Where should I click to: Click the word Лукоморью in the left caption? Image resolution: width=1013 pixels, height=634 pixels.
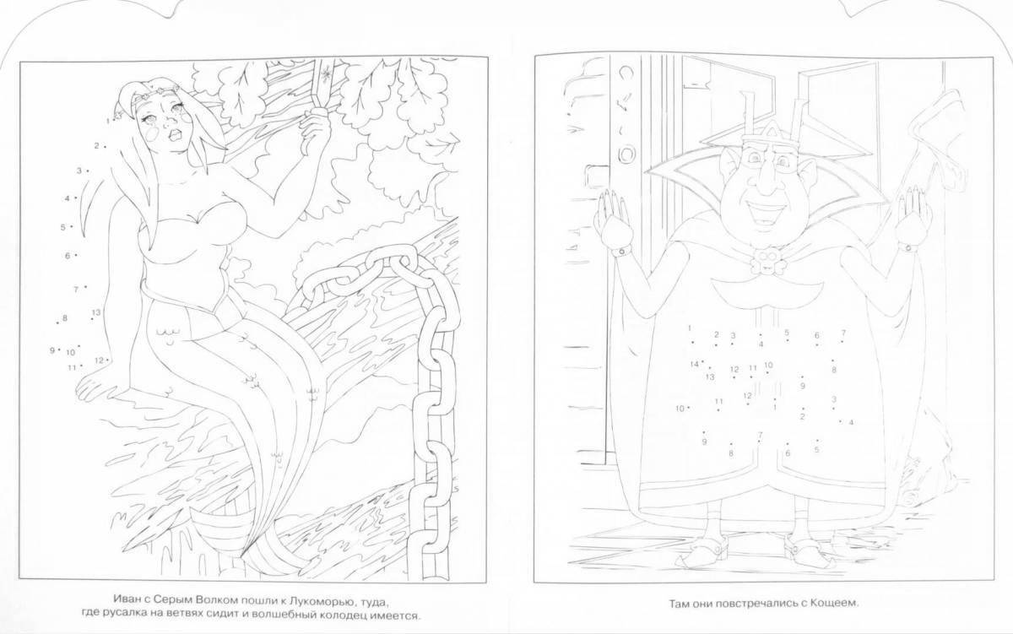(x=319, y=601)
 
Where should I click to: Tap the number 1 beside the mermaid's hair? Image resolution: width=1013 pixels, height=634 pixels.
(x=108, y=121)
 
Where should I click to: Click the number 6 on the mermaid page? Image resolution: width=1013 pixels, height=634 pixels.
(x=68, y=256)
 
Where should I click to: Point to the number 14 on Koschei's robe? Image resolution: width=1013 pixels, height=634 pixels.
(x=695, y=365)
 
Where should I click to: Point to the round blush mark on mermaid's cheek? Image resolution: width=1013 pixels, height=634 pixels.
(x=154, y=134)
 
